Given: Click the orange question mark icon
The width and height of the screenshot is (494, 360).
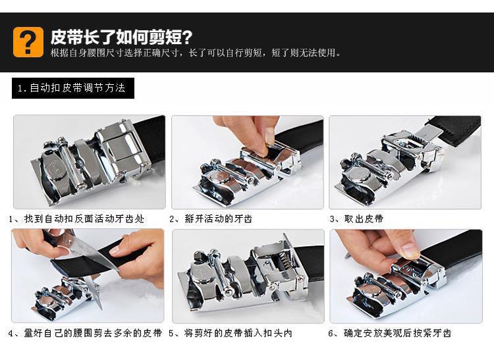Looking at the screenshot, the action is pyautogui.click(x=28, y=42).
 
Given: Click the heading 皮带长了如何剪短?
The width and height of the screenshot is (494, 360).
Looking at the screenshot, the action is pyautogui.click(x=121, y=37).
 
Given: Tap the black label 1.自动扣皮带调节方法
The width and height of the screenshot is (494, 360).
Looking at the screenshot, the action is pyautogui.click(x=73, y=88).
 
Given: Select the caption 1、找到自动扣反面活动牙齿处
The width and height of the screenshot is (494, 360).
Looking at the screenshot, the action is pyautogui.click(x=76, y=219).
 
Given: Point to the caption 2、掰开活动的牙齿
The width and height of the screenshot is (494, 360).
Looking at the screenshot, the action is pyautogui.click(x=211, y=219).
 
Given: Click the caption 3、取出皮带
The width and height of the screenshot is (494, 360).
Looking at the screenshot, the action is pyautogui.click(x=356, y=219).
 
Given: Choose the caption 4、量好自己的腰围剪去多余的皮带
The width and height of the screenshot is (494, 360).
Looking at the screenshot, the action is pyautogui.click(x=85, y=333).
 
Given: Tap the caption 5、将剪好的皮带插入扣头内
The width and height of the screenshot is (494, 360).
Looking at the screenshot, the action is pyautogui.click(x=231, y=333).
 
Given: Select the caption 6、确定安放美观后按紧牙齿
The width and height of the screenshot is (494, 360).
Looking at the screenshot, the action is pyautogui.click(x=390, y=333).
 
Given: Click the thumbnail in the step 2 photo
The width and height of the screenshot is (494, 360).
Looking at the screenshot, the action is pyautogui.click(x=269, y=136).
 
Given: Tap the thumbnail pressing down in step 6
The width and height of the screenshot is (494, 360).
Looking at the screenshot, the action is pyautogui.click(x=409, y=249).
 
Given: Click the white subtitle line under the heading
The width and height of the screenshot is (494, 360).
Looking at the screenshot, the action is pyautogui.click(x=196, y=53).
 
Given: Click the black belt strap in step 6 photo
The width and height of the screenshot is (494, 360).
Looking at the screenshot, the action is pyautogui.click(x=454, y=249).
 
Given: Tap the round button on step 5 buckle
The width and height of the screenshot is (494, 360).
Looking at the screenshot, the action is pyautogui.click(x=200, y=274).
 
